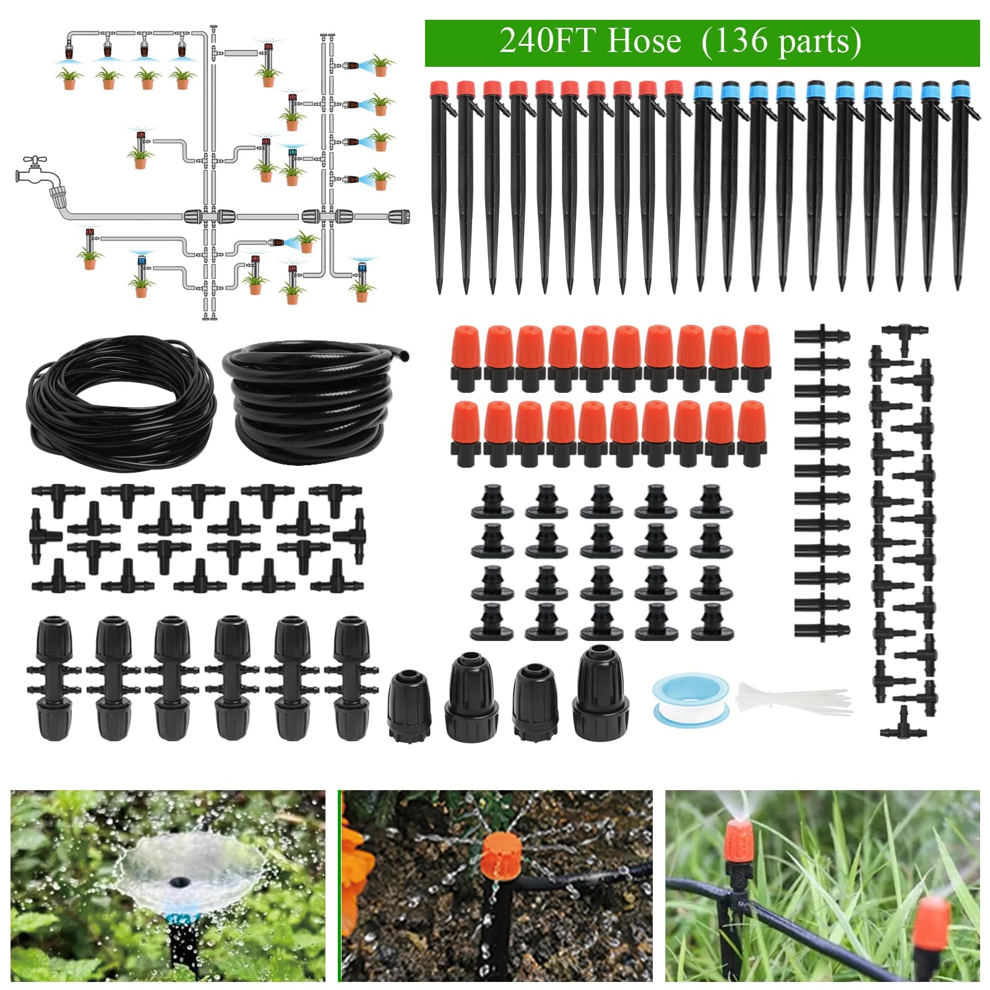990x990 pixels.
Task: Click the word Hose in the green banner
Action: pyautogui.click(x=643, y=41)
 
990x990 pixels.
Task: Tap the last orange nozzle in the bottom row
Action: pyautogui.click(x=752, y=433)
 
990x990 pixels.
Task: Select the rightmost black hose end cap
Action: pyautogui.click(x=601, y=693)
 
